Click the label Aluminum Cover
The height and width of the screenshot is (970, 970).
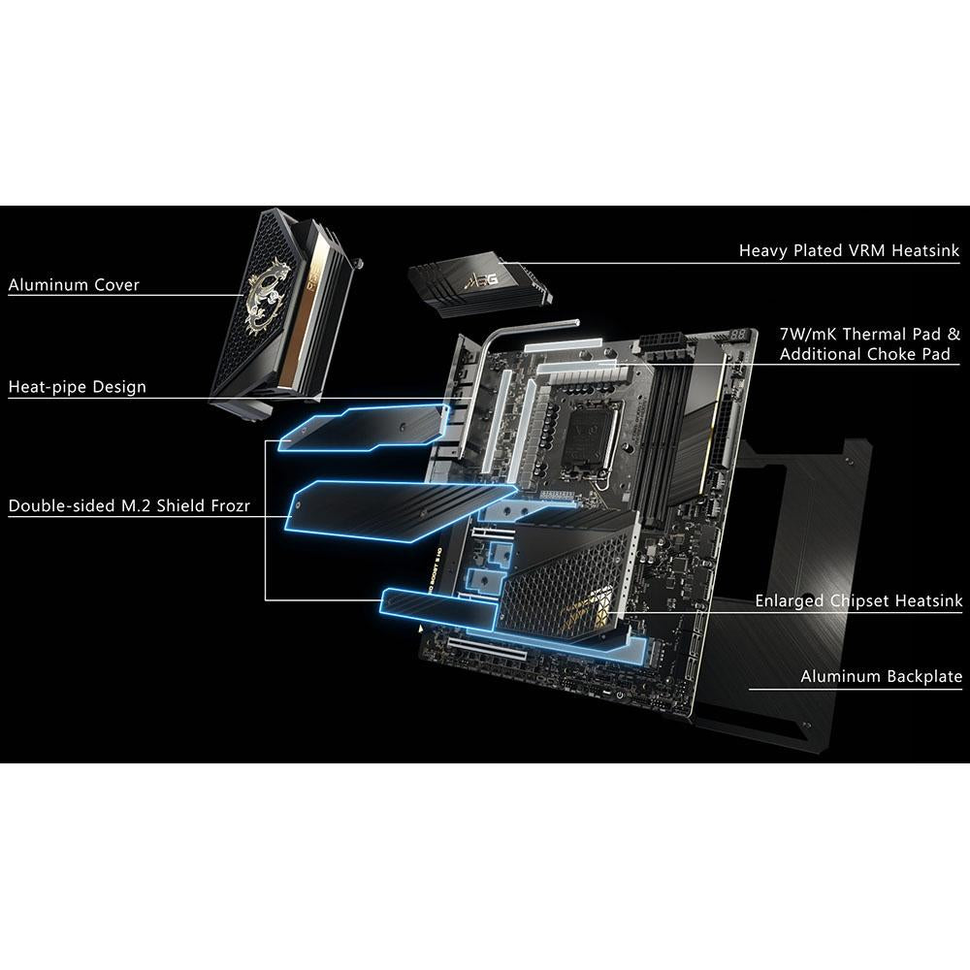click(74, 285)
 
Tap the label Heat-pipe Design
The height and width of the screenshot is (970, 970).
click(78, 387)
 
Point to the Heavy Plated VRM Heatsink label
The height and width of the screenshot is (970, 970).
click(849, 251)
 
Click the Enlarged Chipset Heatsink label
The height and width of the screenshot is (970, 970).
click(858, 601)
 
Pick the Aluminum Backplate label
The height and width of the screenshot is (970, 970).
click(881, 676)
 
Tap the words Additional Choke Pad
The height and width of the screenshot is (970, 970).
click(864, 355)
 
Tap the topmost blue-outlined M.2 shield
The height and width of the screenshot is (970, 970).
click(367, 428)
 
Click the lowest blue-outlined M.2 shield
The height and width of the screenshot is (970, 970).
click(504, 621)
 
